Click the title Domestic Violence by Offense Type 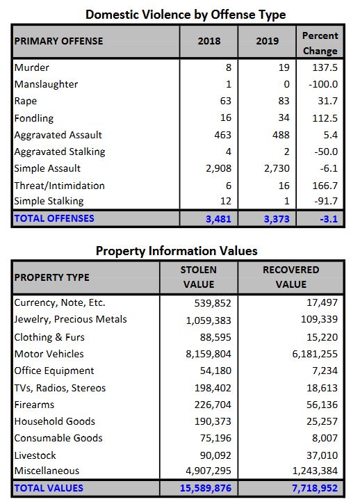point(186,15)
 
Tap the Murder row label point(32,67)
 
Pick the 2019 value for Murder point(284,67)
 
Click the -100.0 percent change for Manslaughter point(323,84)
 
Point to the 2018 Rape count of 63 point(225,101)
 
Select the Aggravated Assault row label point(58,135)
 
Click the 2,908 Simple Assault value point(218,168)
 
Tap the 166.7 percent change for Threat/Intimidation point(325,186)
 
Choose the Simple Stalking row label point(49,201)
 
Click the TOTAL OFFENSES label point(54,218)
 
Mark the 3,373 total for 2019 point(277,219)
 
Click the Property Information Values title point(177,251)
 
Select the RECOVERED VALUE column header point(291,277)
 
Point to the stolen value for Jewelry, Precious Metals point(208,320)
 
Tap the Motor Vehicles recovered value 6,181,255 point(315,354)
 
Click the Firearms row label point(34,405)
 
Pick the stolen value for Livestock point(215,455)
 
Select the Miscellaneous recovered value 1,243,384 point(315,471)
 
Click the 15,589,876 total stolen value point(206,488)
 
